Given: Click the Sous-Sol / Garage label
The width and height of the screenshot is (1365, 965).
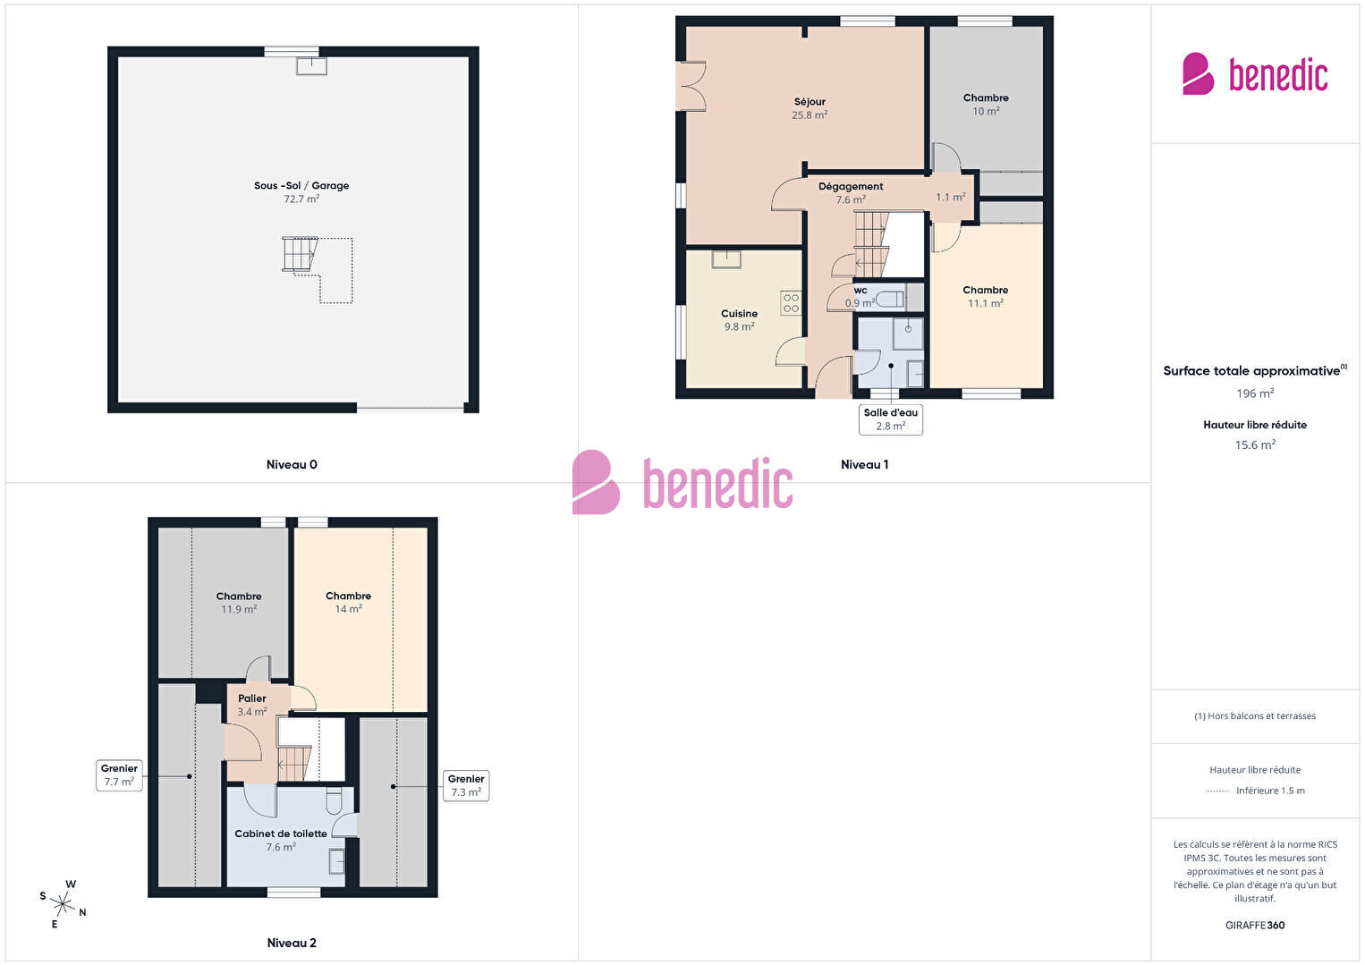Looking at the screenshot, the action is pyautogui.click(x=301, y=185).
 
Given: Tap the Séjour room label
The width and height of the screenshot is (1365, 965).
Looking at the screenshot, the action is pyautogui.click(x=810, y=102).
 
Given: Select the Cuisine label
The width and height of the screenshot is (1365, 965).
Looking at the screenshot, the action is pyautogui.click(x=739, y=313).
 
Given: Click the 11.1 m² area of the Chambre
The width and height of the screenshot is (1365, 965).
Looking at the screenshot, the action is pyautogui.click(x=986, y=303).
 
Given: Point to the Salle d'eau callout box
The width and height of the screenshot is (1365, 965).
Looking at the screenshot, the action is pyautogui.click(x=890, y=419).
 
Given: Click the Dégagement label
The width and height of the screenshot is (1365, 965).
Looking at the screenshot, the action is pyautogui.click(x=850, y=186).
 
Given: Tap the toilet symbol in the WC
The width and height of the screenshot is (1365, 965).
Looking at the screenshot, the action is pyautogui.click(x=890, y=299).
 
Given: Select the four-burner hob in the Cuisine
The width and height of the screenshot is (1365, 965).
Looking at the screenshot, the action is pyautogui.click(x=791, y=303).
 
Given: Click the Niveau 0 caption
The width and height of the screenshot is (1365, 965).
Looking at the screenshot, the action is pyautogui.click(x=292, y=464).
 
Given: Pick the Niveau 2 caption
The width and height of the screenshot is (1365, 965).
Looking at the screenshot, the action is pyautogui.click(x=292, y=943).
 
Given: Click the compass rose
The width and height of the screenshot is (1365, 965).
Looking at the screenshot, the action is pyautogui.click(x=62, y=903).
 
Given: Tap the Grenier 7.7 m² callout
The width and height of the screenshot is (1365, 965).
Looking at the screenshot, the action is pyautogui.click(x=119, y=775).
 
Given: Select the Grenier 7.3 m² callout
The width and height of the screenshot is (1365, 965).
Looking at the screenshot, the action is pyautogui.click(x=465, y=785).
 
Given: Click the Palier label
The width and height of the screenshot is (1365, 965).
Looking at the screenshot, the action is pyautogui.click(x=251, y=698).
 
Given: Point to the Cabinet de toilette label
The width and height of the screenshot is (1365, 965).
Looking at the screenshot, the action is pyautogui.click(x=280, y=834).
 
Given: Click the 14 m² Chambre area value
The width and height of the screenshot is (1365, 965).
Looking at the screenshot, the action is pyautogui.click(x=348, y=609).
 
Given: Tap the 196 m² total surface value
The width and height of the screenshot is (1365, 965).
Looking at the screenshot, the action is pyautogui.click(x=1255, y=393).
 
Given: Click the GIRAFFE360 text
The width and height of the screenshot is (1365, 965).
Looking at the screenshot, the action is pyautogui.click(x=1255, y=925).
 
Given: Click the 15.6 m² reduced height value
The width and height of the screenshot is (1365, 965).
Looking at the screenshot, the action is pyautogui.click(x=1255, y=444).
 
